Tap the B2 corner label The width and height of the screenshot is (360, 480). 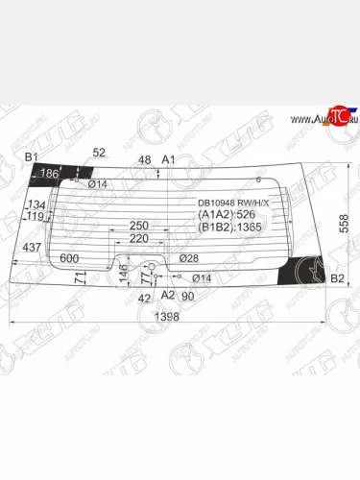point(337,279)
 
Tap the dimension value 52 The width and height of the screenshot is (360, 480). point(99,152)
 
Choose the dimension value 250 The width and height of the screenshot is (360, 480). point(139,226)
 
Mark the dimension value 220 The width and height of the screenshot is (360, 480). point(139,238)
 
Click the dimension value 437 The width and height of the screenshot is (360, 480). point(31,248)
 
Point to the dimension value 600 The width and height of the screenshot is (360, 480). point(68,258)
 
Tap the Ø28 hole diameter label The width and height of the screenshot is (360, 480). point(187,258)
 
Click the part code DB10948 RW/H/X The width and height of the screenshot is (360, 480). point(234,203)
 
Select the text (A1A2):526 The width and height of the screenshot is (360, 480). point(228,215)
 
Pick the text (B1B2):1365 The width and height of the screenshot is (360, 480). point(231,228)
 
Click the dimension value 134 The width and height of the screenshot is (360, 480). point(36,205)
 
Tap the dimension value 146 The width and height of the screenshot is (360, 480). point(122,274)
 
